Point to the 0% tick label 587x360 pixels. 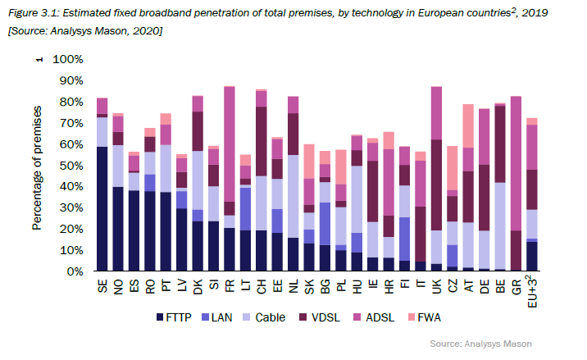click(x=73, y=271)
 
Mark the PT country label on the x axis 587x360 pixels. click(x=166, y=286)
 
